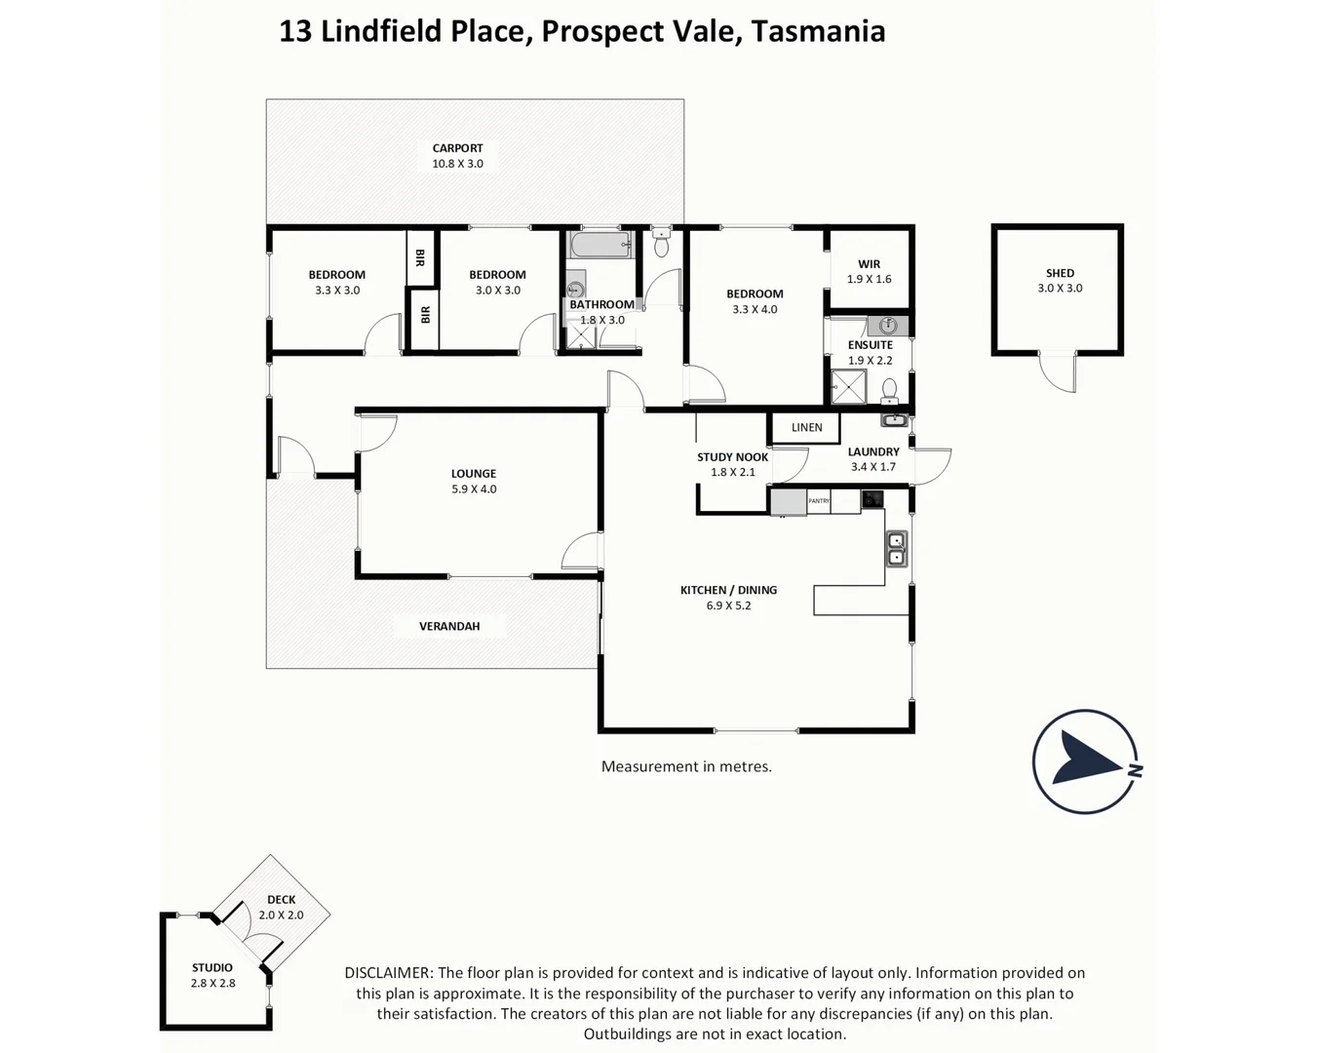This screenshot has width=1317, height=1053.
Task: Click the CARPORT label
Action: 457,148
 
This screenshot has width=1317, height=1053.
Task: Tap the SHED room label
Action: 1060,273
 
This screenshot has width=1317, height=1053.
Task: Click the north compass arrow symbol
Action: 1086,761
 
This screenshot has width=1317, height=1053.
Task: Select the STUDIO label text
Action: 213,968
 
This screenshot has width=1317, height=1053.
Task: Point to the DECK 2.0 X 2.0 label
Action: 281,908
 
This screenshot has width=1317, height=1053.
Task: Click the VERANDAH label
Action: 449,626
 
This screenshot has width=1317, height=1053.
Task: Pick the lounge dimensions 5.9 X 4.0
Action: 474,489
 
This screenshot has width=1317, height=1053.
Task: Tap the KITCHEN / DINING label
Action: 728,590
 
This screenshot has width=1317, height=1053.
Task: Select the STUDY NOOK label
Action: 732,457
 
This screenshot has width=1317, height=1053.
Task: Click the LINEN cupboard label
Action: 806,428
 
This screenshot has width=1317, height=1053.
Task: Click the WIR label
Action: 869,264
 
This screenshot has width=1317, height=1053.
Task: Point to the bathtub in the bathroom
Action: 600,245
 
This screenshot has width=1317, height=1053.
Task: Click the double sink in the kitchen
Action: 896,550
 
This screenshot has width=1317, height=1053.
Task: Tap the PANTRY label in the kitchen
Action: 819,501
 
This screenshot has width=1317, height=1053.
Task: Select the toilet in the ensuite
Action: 889,391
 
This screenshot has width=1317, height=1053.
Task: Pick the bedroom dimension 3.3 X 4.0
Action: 755,310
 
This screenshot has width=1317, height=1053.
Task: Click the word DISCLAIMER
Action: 388,973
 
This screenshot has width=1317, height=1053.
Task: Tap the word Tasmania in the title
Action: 818,31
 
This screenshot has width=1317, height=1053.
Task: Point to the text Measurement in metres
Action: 686,767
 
